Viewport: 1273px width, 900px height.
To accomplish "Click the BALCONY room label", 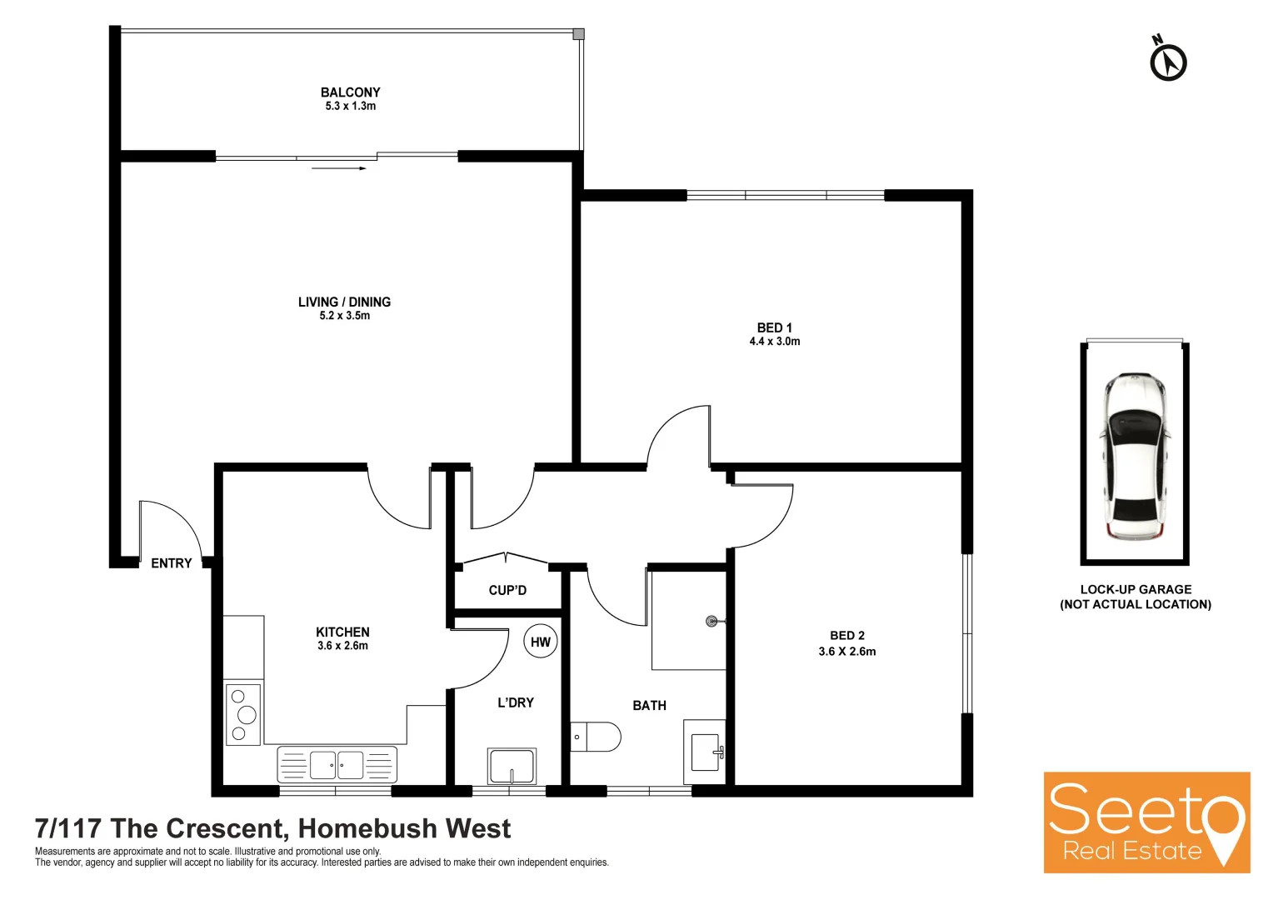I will [x=350, y=92].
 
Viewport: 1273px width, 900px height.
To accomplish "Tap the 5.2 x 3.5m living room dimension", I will [x=344, y=316].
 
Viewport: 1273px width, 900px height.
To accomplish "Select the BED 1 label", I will [x=774, y=327].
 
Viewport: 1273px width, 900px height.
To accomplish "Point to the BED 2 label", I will [x=846, y=635].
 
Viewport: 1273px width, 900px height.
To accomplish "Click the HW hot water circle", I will [x=540, y=642].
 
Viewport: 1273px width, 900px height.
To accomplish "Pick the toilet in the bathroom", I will [x=597, y=737].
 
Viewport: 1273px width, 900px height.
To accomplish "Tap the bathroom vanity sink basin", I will [x=706, y=752].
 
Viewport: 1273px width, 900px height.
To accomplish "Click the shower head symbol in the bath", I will [x=711, y=621].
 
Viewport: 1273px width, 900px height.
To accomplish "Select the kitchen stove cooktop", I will [x=243, y=714].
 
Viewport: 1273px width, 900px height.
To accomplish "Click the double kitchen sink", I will [x=337, y=765].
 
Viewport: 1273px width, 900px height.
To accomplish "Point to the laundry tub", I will [x=512, y=767].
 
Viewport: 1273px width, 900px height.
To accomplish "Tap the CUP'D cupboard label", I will [x=507, y=590].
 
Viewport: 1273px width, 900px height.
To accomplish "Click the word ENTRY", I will [x=171, y=563].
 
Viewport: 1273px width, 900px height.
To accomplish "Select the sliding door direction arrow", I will [x=339, y=168].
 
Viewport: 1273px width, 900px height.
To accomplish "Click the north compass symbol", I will [x=1168, y=61].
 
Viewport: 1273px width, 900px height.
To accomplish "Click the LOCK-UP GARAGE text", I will [x=1136, y=589].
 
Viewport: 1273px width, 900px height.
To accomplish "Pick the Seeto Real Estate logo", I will [x=1146, y=822].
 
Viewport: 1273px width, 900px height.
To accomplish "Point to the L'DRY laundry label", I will [x=516, y=702].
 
